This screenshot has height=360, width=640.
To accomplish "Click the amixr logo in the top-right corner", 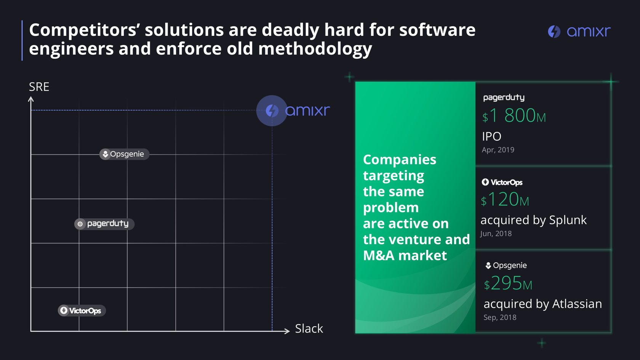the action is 579,31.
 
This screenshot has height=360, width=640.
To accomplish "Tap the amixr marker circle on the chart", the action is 272,110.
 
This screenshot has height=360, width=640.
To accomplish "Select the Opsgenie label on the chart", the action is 124,154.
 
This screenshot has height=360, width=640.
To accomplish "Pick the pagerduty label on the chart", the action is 104,224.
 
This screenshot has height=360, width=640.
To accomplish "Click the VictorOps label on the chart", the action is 82,310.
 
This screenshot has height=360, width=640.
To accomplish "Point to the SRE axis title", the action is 39,87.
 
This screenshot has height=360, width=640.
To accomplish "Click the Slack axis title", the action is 309,328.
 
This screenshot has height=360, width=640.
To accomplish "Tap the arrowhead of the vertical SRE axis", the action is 31,99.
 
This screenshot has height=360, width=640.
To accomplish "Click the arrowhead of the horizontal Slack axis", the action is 287,331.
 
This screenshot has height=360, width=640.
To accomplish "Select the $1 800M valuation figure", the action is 514,115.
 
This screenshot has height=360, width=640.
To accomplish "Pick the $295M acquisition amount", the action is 508,283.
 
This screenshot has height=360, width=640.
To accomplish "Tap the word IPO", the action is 491,136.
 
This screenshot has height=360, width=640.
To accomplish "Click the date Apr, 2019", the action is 498,150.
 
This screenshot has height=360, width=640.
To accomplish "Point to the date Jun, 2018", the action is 496,234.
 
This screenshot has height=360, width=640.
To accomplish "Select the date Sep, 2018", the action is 500,317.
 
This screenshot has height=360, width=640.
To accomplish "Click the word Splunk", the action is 568,220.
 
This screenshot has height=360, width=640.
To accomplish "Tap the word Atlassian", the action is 577,304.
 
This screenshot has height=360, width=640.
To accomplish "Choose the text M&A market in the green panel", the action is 405,255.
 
